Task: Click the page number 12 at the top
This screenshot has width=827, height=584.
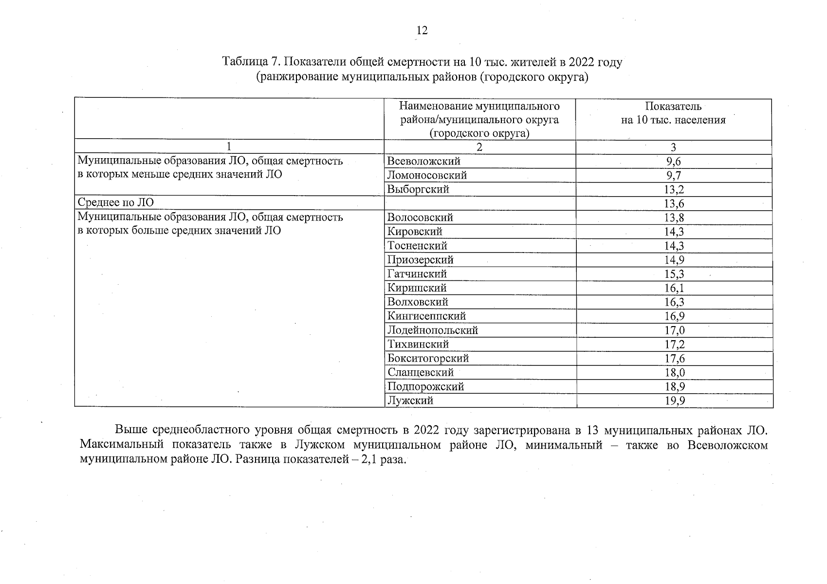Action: tap(422, 31)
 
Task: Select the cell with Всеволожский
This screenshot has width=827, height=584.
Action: tap(423, 161)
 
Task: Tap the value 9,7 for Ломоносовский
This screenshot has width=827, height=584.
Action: tap(674, 176)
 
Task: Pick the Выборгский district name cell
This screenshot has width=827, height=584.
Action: tap(418, 189)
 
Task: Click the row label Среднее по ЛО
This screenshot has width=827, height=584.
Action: tap(116, 203)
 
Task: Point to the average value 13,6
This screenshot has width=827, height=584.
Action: tap(674, 204)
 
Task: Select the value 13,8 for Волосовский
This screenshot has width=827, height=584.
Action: tap(674, 218)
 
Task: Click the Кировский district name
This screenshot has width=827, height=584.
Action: tap(415, 232)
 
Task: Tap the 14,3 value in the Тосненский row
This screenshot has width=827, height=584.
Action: tap(674, 246)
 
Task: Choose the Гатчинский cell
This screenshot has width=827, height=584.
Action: tap(417, 274)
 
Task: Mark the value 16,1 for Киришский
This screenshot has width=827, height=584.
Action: tap(674, 289)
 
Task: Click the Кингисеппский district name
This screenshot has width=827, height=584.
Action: tap(426, 316)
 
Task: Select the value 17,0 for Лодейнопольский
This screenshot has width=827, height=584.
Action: tap(674, 331)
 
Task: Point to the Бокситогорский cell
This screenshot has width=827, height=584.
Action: tap(428, 359)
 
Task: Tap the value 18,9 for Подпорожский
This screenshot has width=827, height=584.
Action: tap(674, 387)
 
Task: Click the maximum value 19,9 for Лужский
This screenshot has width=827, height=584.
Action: tap(674, 401)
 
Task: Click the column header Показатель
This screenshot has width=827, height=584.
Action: tap(673, 106)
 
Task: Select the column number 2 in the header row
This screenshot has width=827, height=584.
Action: tap(479, 147)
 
